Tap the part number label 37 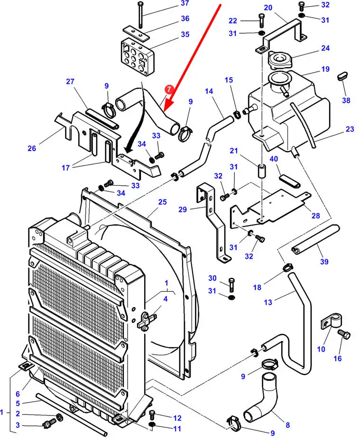[171, 4]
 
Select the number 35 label [172, 34]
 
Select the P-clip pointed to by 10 [328, 324]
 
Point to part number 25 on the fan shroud [162, 202]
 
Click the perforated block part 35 [138, 56]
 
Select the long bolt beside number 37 [140, 14]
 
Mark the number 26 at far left [31, 149]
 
